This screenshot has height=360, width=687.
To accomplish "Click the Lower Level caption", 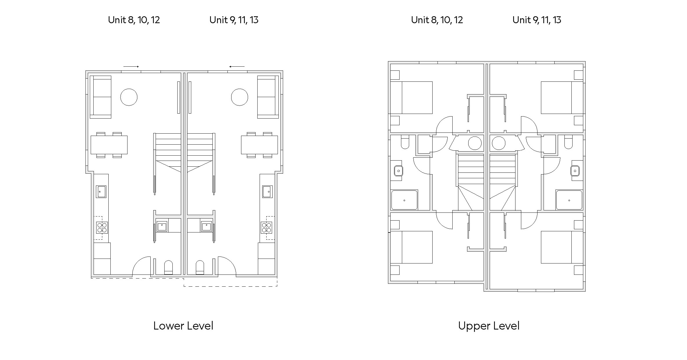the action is pyautogui.click(x=183, y=326).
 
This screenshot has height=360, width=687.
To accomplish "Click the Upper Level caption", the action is pyautogui.click(x=489, y=326).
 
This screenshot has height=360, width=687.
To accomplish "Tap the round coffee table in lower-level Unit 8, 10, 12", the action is pyautogui.click(x=129, y=97).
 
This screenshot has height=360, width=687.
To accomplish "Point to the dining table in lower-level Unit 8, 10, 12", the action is pyautogui.click(x=109, y=145).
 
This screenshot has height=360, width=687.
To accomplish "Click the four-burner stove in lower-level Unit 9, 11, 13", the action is pyautogui.click(x=266, y=228).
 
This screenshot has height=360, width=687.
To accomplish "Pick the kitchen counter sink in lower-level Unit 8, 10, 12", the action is pyautogui.click(x=101, y=192).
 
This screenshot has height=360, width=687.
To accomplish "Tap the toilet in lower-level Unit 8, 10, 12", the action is pyautogui.click(x=168, y=268).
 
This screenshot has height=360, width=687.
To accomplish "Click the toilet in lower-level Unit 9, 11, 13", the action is pyautogui.click(x=200, y=268).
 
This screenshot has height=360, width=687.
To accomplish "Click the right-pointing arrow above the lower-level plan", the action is pyautogui.click(x=131, y=67).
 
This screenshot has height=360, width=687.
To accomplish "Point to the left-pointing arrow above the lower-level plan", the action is pyautogui.click(x=237, y=67).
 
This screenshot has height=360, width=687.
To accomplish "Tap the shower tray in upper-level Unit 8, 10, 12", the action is pyautogui.click(x=404, y=200).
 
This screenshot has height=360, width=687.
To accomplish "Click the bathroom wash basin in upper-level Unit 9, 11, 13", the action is pyautogui.click(x=575, y=171).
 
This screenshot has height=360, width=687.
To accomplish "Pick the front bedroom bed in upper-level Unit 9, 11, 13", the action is pyautogui.click(x=562, y=247).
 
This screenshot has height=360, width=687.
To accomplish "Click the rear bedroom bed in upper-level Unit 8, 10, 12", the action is pyautogui.click(x=411, y=97).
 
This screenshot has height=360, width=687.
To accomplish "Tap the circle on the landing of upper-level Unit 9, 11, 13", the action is pyautogui.click(x=498, y=143).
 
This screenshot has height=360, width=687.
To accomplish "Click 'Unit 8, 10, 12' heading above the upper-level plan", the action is pyautogui.click(x=437, y=20).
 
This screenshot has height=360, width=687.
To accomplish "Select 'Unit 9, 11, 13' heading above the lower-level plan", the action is pyautogui.click(x=234, y=20).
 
